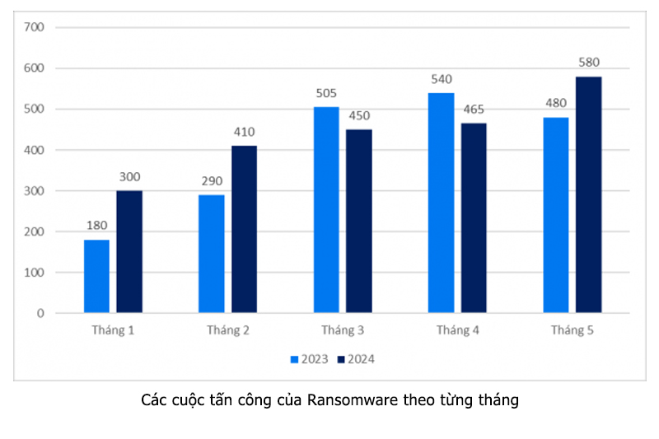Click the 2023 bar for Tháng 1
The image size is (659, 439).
click(96, 276)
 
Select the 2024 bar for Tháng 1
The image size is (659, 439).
click(129, 251)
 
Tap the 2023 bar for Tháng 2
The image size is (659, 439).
click(211, 254)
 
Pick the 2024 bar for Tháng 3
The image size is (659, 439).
click(358, 221)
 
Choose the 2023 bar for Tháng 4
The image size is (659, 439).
click(441, 203)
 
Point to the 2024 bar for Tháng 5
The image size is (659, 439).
click(588, 194)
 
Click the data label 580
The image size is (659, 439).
click(589, 63)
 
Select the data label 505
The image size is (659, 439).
click(326, 93)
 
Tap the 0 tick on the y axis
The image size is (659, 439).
click(40, 313)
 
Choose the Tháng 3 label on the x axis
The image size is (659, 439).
click(342, 330)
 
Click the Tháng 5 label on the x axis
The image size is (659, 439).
click(572, 330)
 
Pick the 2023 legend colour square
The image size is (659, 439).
click(294, 359)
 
